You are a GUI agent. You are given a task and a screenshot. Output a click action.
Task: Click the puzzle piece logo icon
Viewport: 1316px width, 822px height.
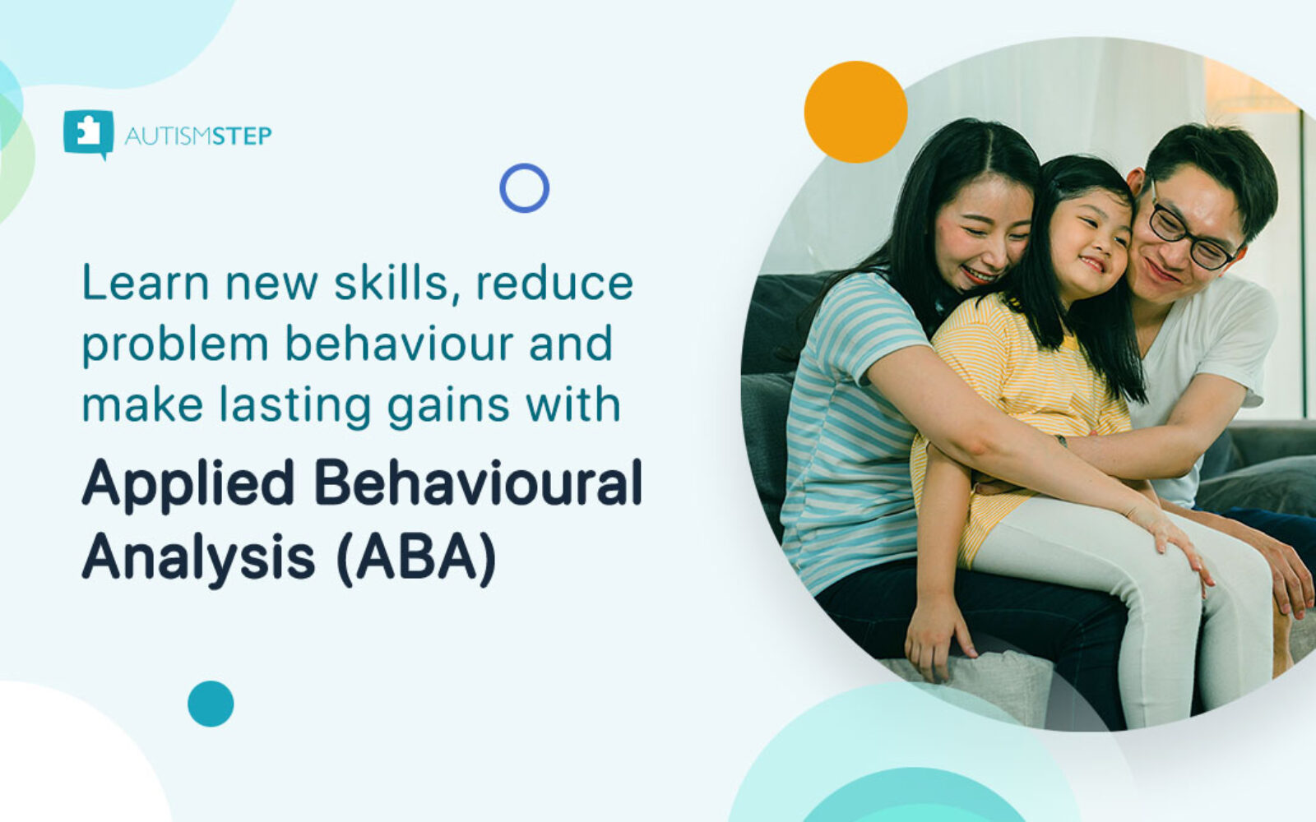click(88, 132)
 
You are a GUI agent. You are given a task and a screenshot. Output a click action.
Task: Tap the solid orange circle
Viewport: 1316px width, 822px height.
click(855, 112)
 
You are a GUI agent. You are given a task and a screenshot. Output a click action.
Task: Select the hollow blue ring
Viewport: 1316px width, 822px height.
click(524, 188)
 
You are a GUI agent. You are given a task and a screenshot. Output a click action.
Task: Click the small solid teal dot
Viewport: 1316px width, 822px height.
click(211, 704)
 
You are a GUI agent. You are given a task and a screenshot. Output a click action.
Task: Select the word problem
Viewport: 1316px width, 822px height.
click(174, 345)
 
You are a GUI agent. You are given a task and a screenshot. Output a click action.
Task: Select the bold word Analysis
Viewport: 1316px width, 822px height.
click(198, 556)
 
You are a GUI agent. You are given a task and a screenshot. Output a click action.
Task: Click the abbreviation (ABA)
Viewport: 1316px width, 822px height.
click(416, 558)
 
